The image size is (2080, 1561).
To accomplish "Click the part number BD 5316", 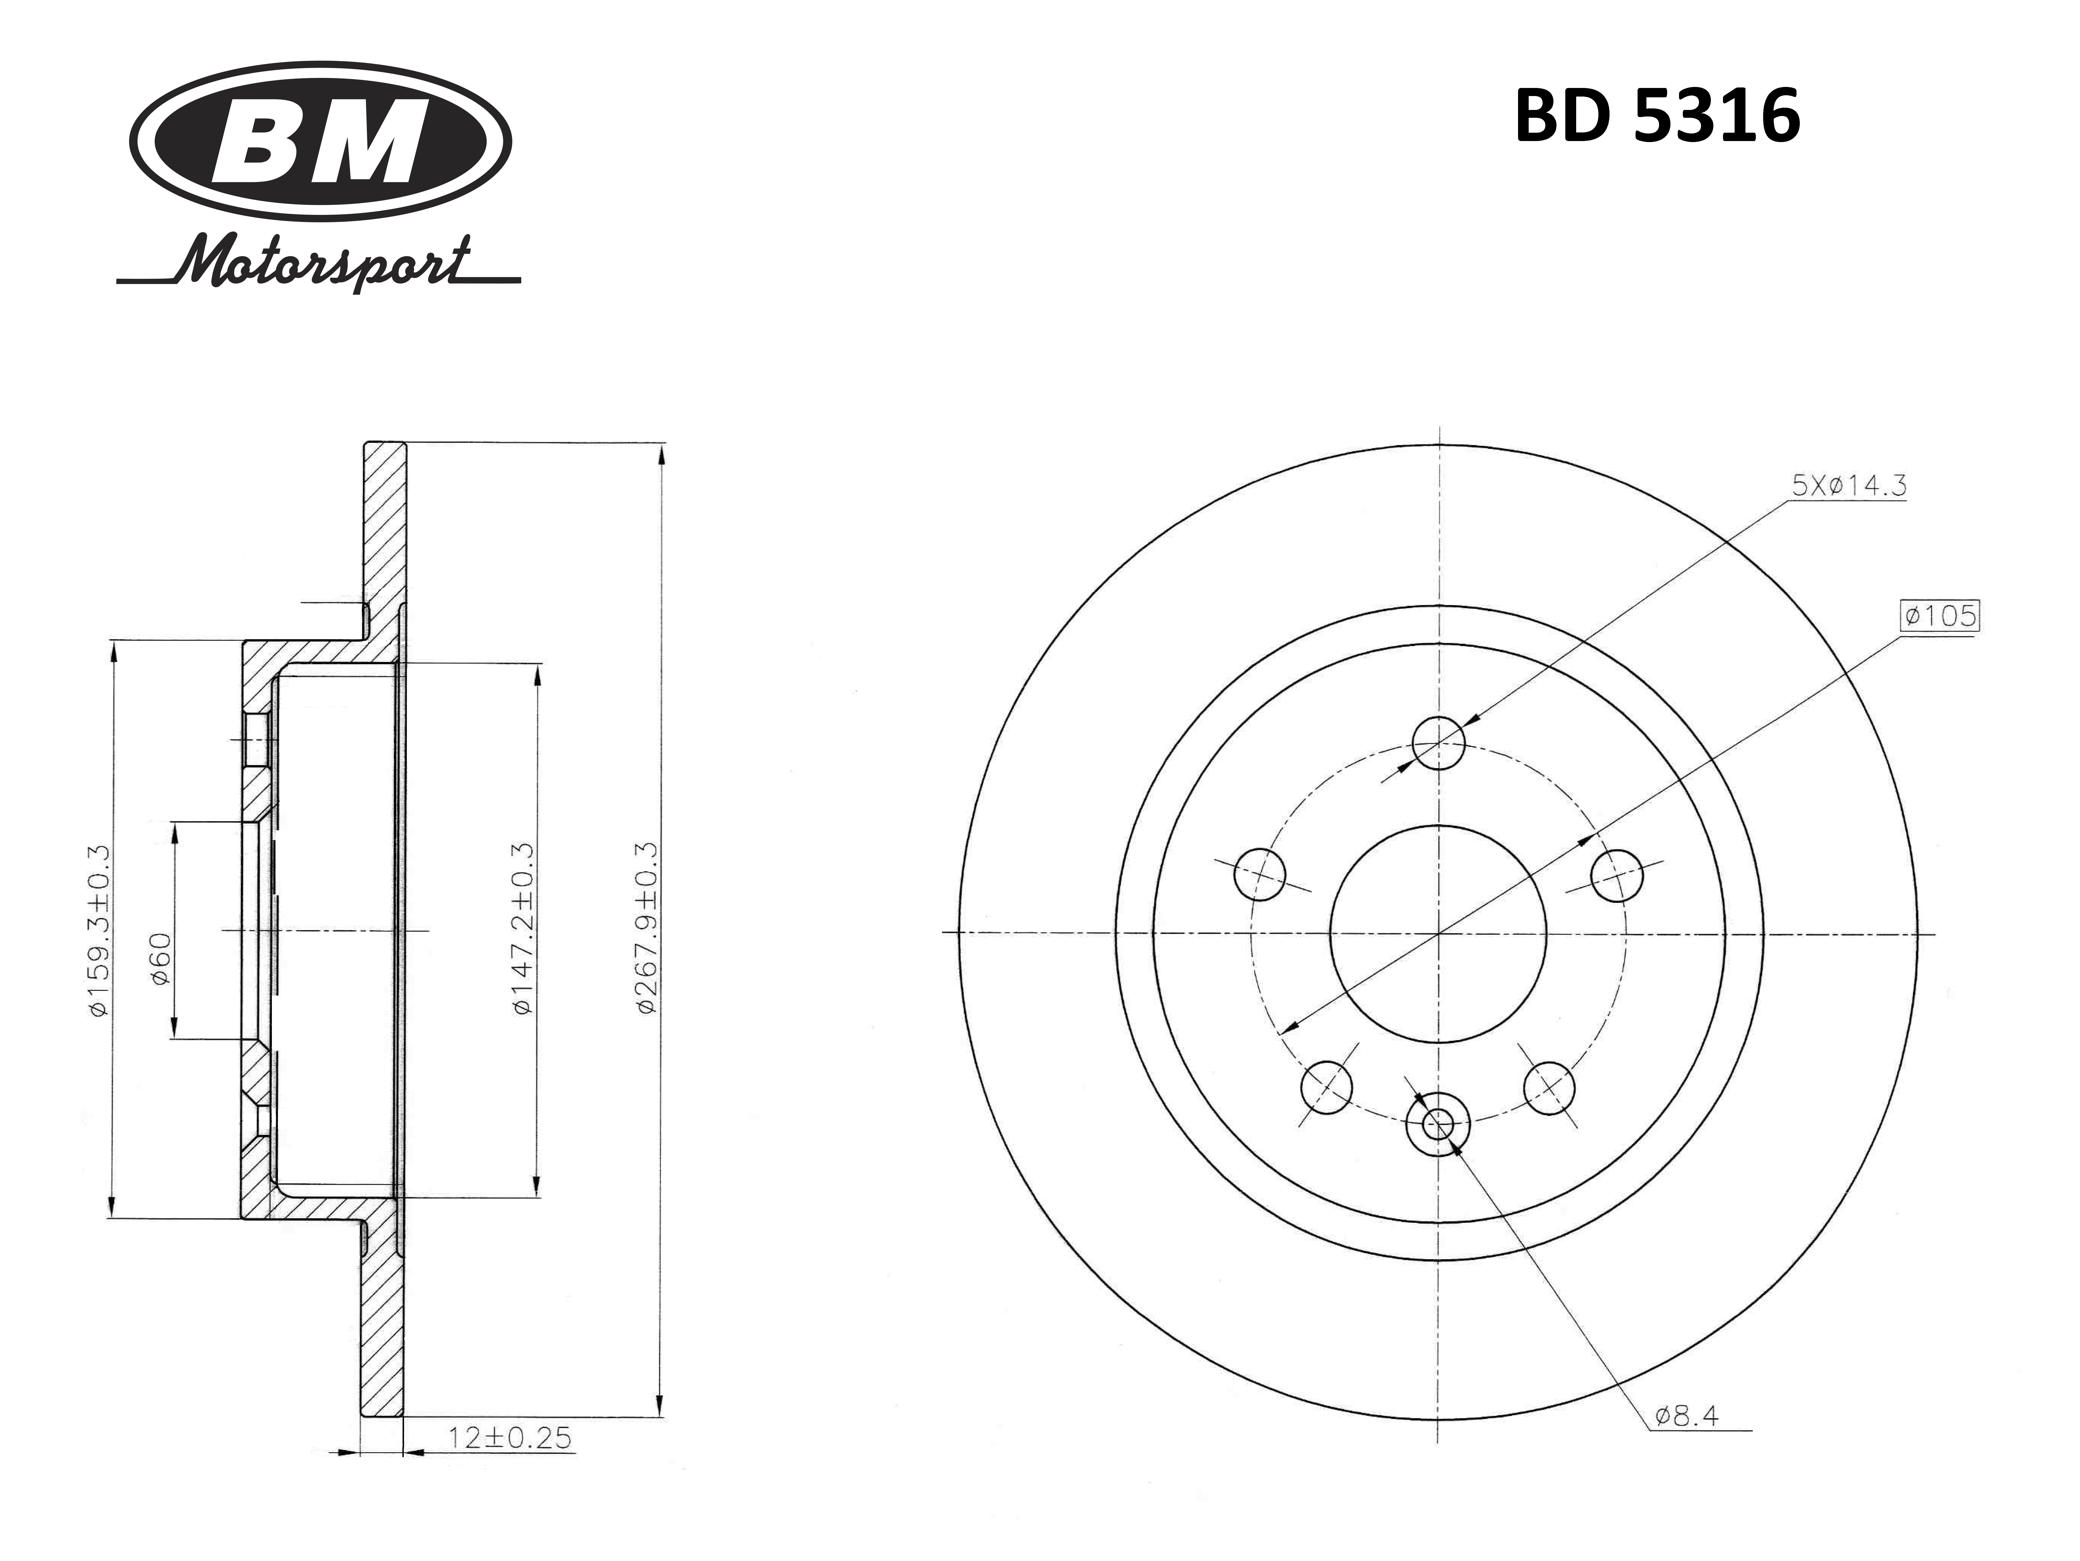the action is [x=1657, y=117].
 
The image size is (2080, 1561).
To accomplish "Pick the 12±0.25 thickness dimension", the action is [x=510, y=1464].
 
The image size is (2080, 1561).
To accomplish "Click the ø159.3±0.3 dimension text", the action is [x=99, y=929].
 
